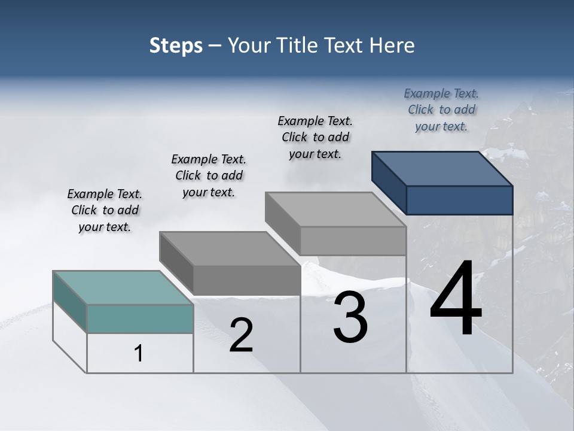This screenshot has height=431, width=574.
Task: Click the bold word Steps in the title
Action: pos(176,45)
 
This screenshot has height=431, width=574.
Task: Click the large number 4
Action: pos(456,301)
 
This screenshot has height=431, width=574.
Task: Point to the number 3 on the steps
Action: pos(350,318)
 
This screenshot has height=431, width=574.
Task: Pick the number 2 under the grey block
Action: pos(241,335)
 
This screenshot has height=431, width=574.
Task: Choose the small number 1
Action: pos(139,354)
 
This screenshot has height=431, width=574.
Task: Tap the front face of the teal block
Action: pos(140,318)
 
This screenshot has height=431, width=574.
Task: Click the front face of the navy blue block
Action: pos(459,200)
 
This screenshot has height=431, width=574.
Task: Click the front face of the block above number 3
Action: pos(353,241)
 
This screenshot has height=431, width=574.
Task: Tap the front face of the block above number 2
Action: pos(246,280)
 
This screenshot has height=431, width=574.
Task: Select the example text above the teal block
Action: pos(105,210)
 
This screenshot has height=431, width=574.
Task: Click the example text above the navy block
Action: pos(441,110)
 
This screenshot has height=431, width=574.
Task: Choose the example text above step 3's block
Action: pos(315,137)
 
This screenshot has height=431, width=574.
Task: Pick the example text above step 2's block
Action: pos(209,175)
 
